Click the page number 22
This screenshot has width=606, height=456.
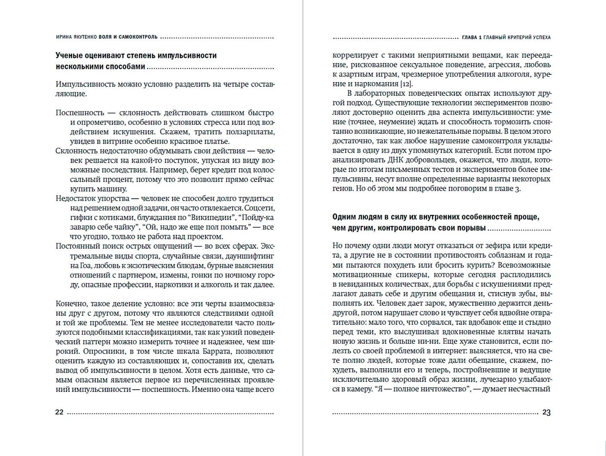[x=59, y=412]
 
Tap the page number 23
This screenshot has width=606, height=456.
[x=546, y=412]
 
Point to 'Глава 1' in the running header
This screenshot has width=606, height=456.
[x=471, y=37]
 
